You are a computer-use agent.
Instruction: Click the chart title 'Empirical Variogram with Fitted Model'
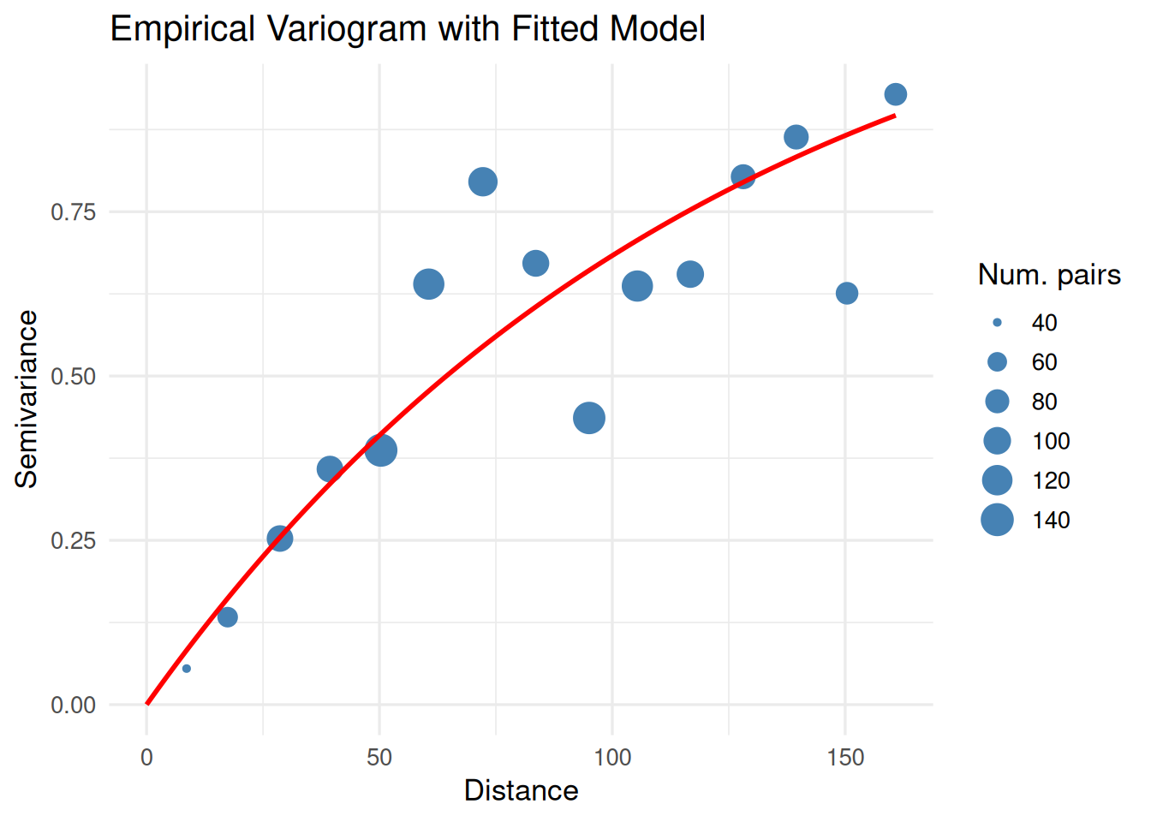[x=408, y=29]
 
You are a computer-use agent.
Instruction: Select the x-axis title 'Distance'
[x=521, y=790]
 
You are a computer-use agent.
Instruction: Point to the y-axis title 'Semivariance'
[x=27, y=399]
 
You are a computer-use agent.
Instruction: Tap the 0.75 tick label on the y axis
[x=73, y=211]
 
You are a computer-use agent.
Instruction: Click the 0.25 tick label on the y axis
[x=73, y=540]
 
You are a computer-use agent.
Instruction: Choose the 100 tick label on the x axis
[x=612, y=758]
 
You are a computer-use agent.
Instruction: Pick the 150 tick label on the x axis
[x=845, y=758]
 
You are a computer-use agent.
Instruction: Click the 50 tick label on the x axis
[x=379, y=758]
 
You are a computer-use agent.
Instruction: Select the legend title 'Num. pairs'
[x=1049, y=275]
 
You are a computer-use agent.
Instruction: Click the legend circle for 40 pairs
[x=997, y=323]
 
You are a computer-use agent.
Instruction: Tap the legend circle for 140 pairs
[x=997, y=520]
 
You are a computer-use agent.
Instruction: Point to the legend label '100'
[x=1051, y=441]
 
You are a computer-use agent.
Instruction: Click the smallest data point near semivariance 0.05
[x=187, y=669]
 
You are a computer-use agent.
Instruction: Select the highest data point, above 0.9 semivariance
[x=896, y=94]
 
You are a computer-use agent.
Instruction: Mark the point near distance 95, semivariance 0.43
[x=589, y=418]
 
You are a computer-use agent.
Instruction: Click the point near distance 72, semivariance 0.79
[x=483, y=182]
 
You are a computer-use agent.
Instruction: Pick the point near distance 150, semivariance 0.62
[x=847, y=294]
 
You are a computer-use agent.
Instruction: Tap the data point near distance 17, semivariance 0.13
[x=227, y=617]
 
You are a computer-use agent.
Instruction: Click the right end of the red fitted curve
[x=895, y=116]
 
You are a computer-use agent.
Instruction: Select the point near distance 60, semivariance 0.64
[x=429, y=284]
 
